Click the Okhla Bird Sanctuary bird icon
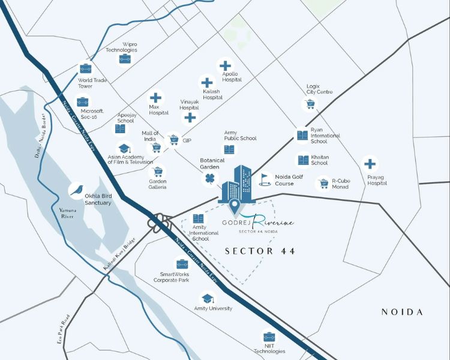(76, 190)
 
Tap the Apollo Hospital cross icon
(226, 65)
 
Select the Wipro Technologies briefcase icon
(125, 59)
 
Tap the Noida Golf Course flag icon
(265, 179)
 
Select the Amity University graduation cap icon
(207, 298)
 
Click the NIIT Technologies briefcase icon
(268, 337)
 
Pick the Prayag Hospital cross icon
(370, 163)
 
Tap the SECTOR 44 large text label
(260, 251)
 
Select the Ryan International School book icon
(302, 136)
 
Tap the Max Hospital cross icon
(155, 97)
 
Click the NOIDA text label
(402, 312)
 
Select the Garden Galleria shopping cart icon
(158, 171)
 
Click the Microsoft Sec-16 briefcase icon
(83, 102)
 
